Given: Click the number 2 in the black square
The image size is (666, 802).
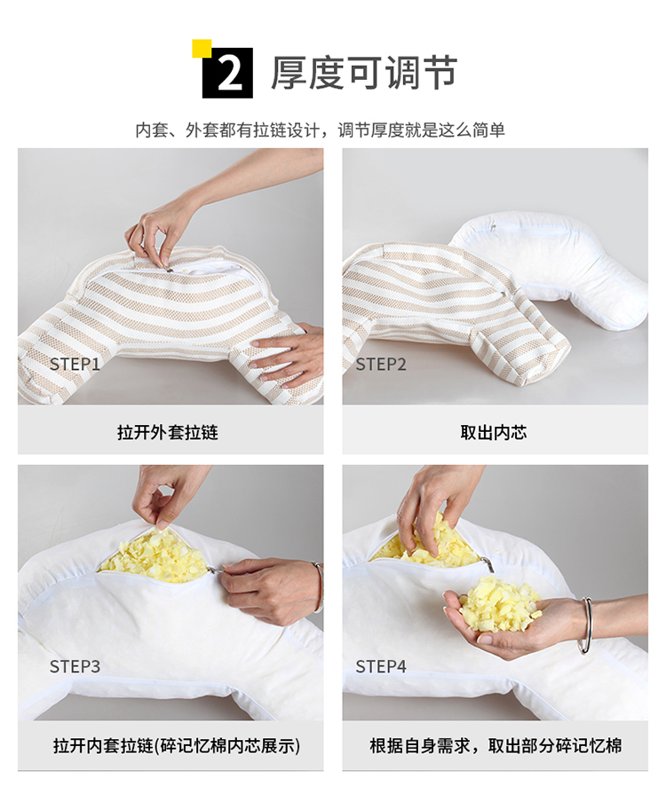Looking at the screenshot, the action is [x=230, y=73].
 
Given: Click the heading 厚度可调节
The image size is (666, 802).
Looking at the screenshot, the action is [x=363, y=73].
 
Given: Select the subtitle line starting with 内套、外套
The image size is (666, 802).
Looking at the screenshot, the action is [x=320, y=130].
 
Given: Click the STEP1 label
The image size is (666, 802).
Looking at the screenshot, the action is [x=75, y=364].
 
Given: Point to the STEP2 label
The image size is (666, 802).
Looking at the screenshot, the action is [x=381, y=364].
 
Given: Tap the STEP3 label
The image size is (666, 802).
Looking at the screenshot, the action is [x=75, y=666].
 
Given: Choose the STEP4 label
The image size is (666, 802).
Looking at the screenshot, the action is [x=381, y=666].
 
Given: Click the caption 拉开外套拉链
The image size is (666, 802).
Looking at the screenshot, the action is [x=168, y=432].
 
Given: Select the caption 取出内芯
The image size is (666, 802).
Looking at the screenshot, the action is [x=494, y=432].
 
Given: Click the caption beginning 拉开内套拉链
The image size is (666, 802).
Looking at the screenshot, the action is [x=177, y=745].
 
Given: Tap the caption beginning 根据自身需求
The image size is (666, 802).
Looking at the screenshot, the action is [x=496, y=745].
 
